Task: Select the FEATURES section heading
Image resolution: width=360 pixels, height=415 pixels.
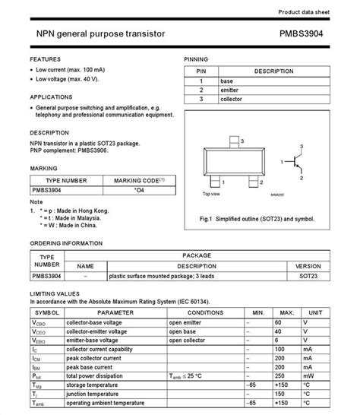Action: (x=46, y=59)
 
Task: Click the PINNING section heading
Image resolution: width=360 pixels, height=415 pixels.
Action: (x=196, y=59)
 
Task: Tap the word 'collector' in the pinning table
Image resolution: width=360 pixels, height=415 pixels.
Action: (x=232, y=99)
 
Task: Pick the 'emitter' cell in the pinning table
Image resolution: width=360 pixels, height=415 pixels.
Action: (x=230, y=90)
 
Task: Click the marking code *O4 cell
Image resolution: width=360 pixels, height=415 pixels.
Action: (x=139, y=190)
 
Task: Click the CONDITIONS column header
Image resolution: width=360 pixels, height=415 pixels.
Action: (x=205, y=312)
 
